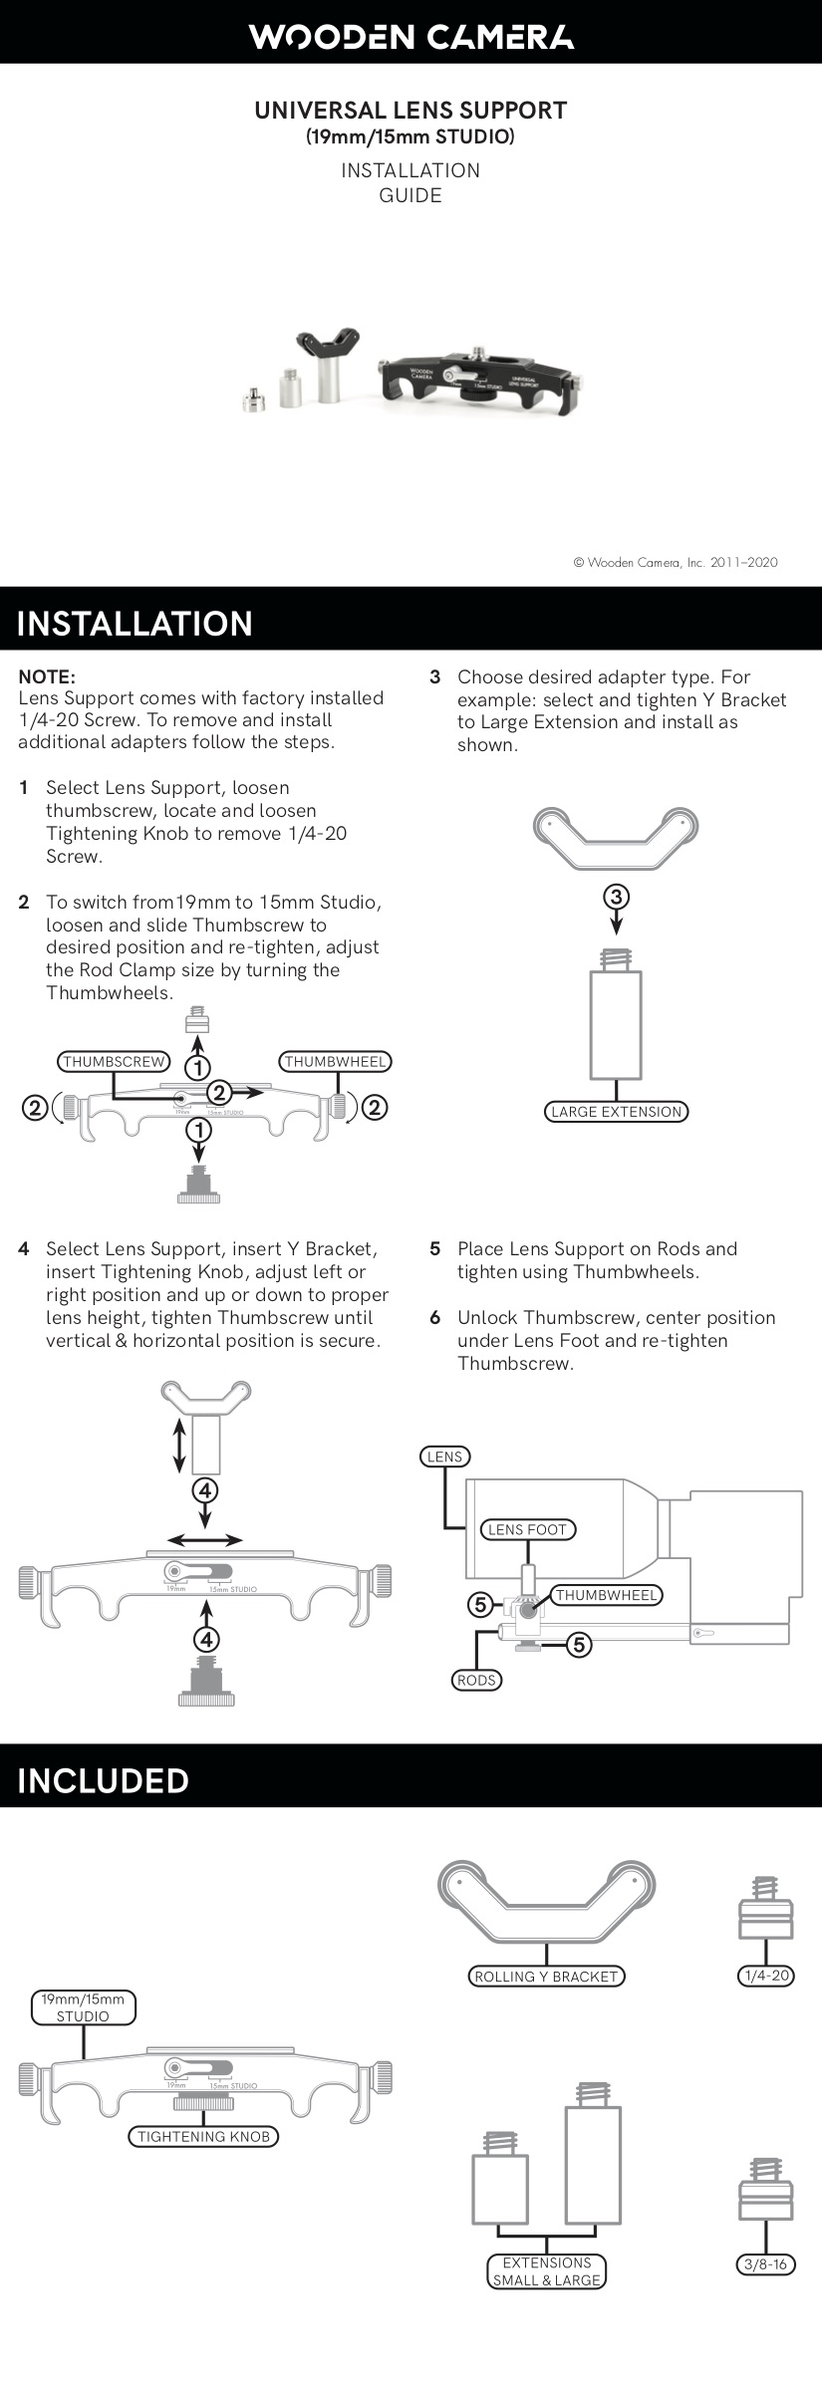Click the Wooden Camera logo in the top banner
(411, 37)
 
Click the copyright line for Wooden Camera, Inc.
(675, 562)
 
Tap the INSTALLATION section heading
(135, 623)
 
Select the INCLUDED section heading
(103, 1780)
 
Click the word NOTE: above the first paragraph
(47, 676)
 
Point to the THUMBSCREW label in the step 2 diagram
(114, 1061)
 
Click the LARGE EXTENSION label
(616, 1111)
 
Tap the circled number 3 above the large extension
(616, 896)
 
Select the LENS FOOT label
(527, 1529)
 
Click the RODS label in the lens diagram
(476, 1680)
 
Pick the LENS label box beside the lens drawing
(444, 1457)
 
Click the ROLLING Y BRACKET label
(546, 1976)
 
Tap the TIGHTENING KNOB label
(203, 2136)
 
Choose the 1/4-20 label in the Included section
(766, 1975)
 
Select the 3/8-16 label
(765, 2264)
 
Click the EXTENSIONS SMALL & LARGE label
(547, 2271)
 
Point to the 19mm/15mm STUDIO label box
(83, 2007)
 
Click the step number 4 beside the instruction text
(24, 1249)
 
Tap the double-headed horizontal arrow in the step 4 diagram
(204, 1539)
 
